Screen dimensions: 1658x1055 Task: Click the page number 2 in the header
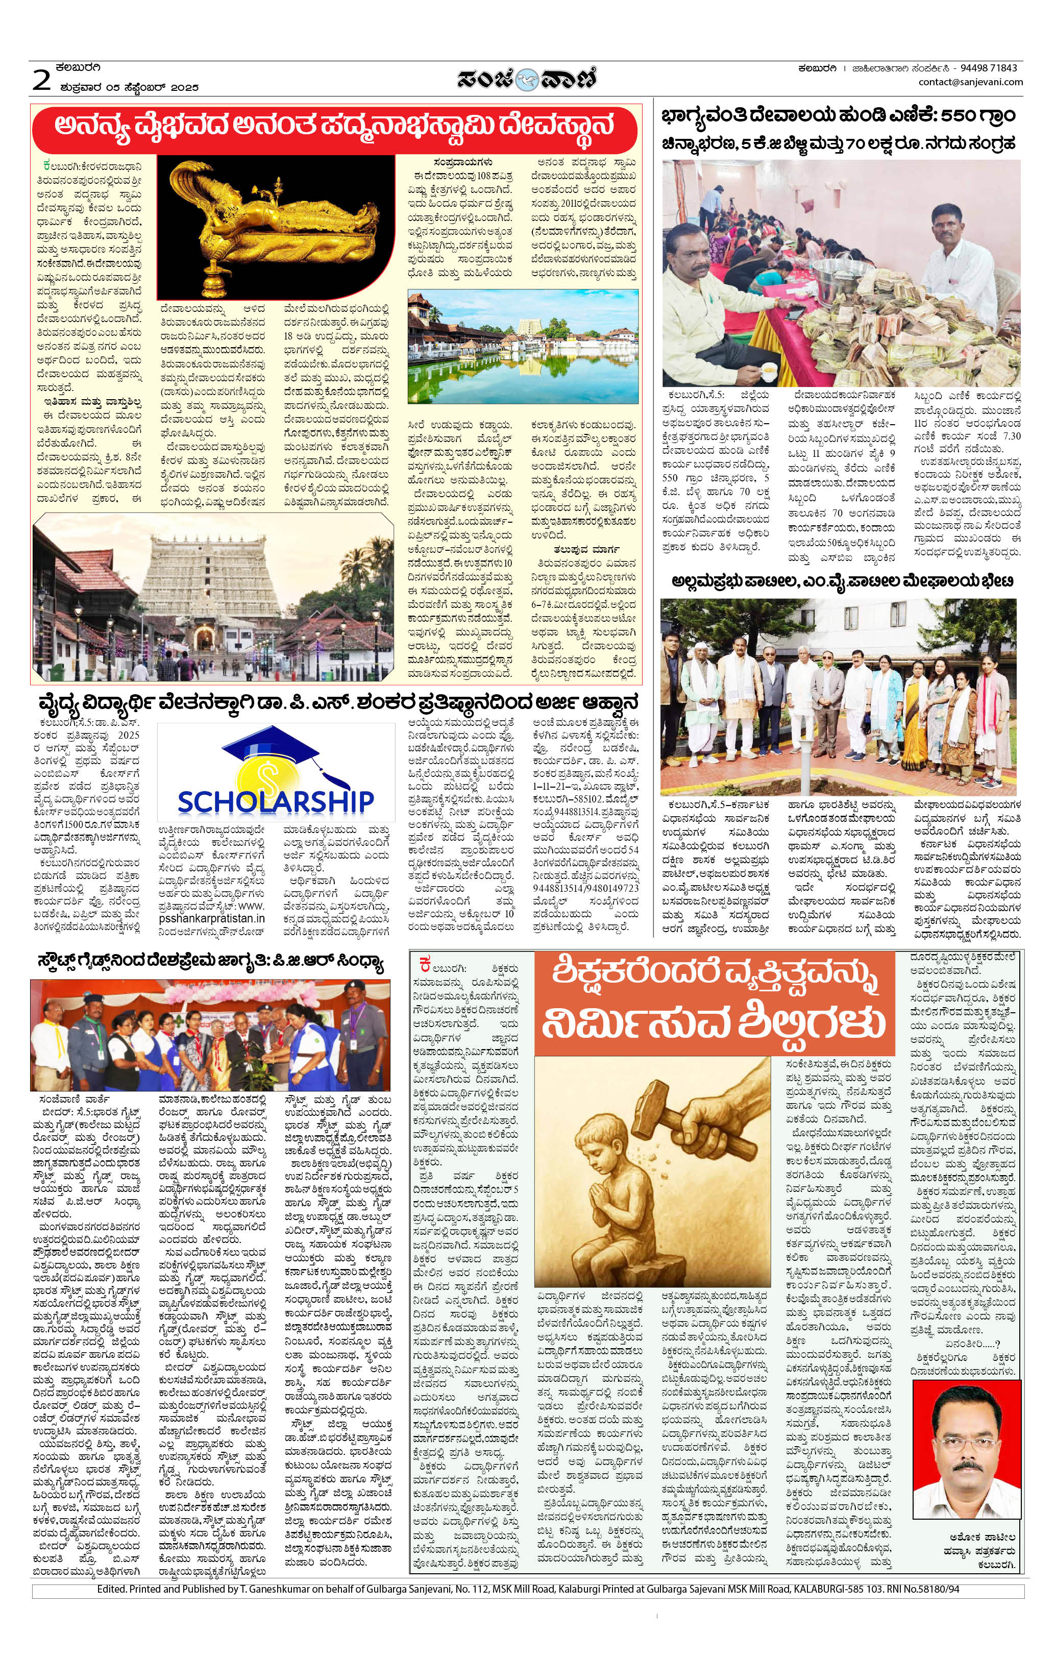(x=42, y=81)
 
